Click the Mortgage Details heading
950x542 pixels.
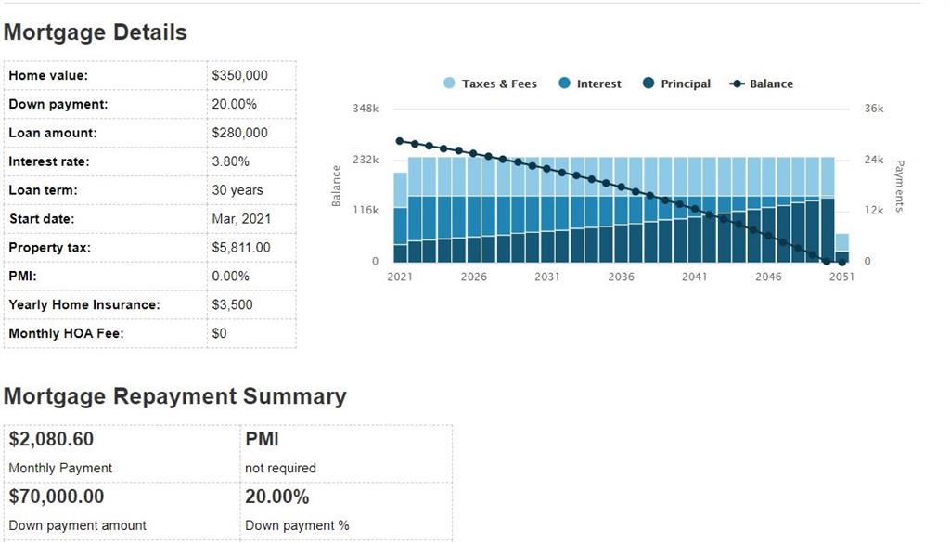tap(95, 32)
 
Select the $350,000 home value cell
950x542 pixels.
tap(239, 76)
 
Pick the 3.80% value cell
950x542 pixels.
tap(230, 161)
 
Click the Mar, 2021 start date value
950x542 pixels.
tap(237, 219)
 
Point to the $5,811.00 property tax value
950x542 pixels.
tap(241, 248)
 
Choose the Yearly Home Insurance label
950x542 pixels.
tap(83, 304)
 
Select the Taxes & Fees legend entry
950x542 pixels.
tap(490, 84)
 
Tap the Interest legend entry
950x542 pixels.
tap(590, 84)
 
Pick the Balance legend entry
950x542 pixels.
tap(762, 84)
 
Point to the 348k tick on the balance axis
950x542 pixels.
tap(366, 109)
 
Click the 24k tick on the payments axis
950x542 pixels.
tap(874, 160)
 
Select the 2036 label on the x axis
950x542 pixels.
tap(621, 277)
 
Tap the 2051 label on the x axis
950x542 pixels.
tap(841, 277)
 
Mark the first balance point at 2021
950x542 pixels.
tap(400, 141)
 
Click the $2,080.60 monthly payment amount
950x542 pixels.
tap(51, 439)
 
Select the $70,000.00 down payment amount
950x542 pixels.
tap(57, 497)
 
